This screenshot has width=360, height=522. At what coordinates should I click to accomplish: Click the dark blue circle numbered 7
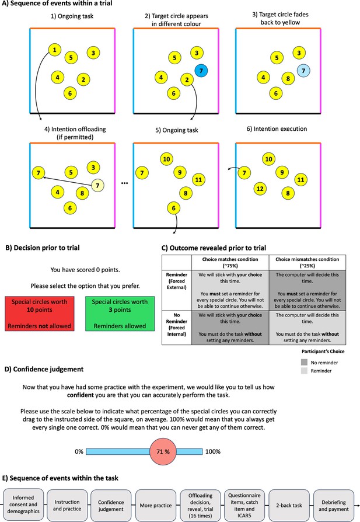[x=201, y=71]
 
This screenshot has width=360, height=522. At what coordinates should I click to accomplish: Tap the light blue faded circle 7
[x=303, y=71]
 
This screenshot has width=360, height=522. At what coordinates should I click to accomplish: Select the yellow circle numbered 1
[x=55, y=50]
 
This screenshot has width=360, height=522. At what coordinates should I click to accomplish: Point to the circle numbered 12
[x=260, y=189]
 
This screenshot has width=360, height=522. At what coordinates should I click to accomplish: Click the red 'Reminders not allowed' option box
[x=40, y=314]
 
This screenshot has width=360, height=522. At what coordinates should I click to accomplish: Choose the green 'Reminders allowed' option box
[x=120, y=314]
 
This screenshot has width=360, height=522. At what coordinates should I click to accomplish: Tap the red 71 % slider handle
[x=163, y=451]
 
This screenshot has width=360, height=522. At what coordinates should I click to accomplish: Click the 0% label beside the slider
[x=79, y=452]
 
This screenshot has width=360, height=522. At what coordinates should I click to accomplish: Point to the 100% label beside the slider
[x=213, y=452]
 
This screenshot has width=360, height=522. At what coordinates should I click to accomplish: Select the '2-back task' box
[x=289, y=505]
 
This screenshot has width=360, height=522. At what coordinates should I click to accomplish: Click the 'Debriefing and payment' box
[x=334, y=505]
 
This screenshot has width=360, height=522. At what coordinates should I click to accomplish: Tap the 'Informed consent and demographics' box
[x=23, y=504]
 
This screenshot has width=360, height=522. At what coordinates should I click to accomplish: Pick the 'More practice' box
[x=156, y=505]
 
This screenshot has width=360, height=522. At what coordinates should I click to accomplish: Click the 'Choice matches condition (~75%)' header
[x=230, y=262]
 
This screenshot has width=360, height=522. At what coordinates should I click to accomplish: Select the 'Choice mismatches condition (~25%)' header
[x=307, y=262]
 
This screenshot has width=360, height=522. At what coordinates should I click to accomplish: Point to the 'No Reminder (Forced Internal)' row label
[x=177, y=324]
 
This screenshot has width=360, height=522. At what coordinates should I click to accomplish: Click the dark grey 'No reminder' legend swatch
[x=304, y=362]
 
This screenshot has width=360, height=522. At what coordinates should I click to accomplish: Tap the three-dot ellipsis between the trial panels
[x=124, y=183]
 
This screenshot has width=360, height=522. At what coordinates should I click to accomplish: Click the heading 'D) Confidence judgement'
[x=44, y=369]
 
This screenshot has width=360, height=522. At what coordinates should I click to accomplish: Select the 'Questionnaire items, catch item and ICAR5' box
[x=244, y=505]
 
